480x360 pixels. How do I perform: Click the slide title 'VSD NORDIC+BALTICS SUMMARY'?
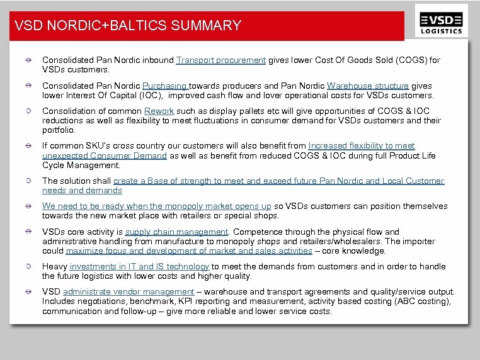tap(128, 26)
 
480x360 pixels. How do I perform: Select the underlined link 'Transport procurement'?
tap(220, 60)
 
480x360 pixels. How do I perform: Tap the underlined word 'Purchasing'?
tap(165, 86)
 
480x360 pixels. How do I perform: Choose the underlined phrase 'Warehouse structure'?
tap(368, 86)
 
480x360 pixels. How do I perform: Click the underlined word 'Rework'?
tap(159, 111)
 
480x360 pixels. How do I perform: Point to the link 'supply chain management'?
tap(176, 232)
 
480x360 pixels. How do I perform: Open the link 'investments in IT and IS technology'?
tap(139, 267)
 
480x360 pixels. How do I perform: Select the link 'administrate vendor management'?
tap(129, 292)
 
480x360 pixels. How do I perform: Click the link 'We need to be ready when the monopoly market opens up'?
tap(157, 206)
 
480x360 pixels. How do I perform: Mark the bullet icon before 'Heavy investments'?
tap(29, 267)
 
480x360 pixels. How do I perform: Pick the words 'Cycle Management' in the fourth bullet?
tap(81, 166)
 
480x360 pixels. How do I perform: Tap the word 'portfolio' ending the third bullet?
tap(58, 130)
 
